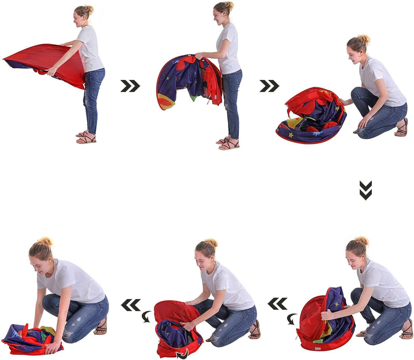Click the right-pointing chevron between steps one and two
pyautogui.click(x=130, y=86)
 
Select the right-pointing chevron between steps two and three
pyautogui.click(x=269, y=86)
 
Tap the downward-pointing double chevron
pyautogui.click(x=365, y=190)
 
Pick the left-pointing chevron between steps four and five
pyautogui.click(x=277, y=304)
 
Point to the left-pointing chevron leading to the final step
pyautogui.click(x=131, y=305)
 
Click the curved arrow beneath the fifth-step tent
pyautogui.click(x=182, y=353)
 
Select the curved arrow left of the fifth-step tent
pyautogui.click(x=146, y=316)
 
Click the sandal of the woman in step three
pyautogui.click(x=401, y=128)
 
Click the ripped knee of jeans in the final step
pyautogui.click(x=67, y=334)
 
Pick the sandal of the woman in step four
pyautogui.click(x=406, y=330)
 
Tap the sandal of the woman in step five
pyautogui.click(x=255, y=330)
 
